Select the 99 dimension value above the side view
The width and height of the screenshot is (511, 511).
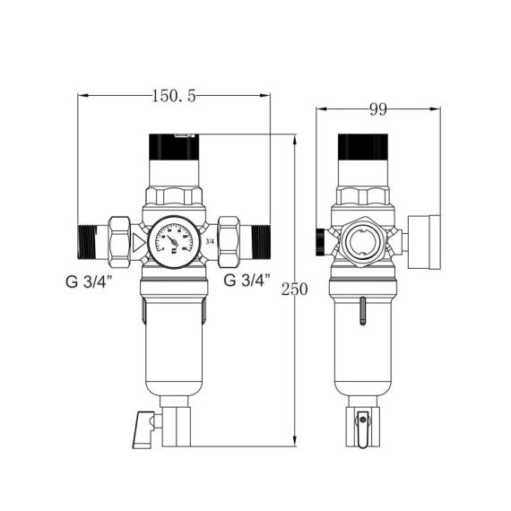click(x=377, y=110)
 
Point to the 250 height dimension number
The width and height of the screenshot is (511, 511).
click(x=293, y=289)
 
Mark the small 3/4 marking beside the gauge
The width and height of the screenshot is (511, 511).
click(x=210, y=240)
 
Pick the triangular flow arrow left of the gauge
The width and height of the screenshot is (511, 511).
click(x=137, y=241)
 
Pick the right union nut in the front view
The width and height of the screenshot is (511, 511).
click(x=230, y=240)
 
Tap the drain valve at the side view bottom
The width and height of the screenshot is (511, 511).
click(x=361, y=425)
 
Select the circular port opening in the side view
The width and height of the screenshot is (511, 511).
click(x=363, y=242)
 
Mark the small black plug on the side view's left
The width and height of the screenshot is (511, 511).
click(x=320, y=239)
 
